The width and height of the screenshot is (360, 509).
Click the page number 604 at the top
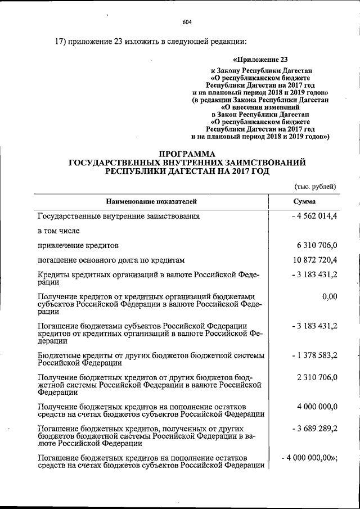(187, 22)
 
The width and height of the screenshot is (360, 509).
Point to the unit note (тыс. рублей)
(316, 186)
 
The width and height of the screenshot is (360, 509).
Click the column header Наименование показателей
(151, 201)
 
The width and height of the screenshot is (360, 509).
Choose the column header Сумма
(304, 201)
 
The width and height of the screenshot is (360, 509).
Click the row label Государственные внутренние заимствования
(118, 216)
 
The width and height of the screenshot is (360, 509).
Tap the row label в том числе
(58, 231)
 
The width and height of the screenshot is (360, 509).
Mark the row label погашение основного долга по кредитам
(111, 260)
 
